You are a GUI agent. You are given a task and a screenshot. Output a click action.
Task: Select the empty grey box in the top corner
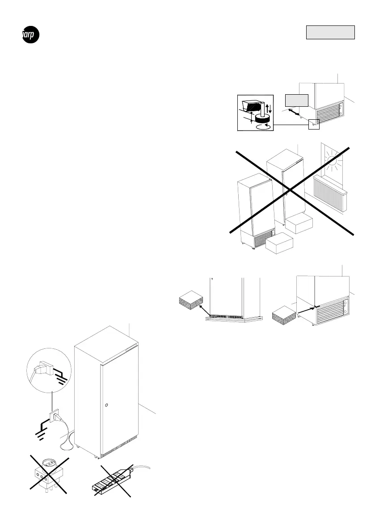pos(330,33)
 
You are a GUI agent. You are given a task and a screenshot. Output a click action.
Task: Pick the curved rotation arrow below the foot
pos(262,127)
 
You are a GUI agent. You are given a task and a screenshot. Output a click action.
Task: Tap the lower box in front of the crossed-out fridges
pos(279,243)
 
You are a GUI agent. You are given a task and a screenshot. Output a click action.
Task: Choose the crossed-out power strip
pos(112,482)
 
